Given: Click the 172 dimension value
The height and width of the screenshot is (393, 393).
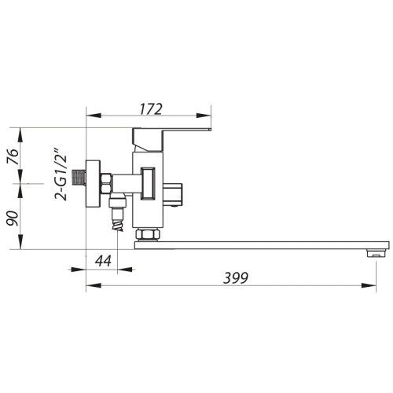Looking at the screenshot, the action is (x=151, y=109).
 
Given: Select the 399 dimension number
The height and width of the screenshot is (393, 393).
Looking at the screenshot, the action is (x=235, y=278).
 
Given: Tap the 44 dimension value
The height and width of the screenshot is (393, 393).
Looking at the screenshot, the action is (x=103, y=261).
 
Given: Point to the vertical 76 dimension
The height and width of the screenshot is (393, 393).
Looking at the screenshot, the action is (x=13, y=156).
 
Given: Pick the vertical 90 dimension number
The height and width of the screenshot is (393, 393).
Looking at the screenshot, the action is (x=13, y=219).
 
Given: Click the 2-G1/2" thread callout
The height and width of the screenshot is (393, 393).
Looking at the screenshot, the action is (x=61, y=174).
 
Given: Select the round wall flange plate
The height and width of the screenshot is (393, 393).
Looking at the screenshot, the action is (x=93, y=184).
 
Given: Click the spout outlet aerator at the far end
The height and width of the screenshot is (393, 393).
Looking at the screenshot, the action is (x=376, y=253).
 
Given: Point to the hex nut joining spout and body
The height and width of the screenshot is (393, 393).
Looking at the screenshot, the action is (x=148, y=235).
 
